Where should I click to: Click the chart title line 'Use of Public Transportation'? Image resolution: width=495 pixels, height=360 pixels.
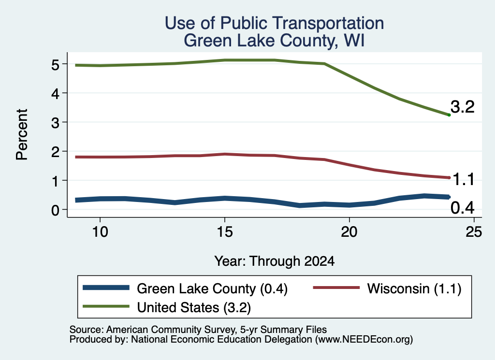coord(275,23)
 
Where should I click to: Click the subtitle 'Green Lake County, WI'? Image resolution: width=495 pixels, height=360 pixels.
coord(275,41)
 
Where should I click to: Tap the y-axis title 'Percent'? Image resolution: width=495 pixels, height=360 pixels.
coord(22,134)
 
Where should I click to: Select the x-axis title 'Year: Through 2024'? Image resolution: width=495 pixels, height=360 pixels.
coord(275,261)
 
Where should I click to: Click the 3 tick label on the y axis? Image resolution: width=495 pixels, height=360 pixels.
coord(55,123)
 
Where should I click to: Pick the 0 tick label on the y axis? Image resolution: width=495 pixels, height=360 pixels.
coord(55,210)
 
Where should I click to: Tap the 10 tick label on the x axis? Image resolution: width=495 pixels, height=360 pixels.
coord(100,232)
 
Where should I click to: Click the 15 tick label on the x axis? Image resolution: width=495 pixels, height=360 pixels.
coord(225,232)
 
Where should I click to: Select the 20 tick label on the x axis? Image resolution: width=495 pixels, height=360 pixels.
coord(349,232)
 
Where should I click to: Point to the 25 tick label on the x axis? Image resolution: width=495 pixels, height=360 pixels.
coord(474,232)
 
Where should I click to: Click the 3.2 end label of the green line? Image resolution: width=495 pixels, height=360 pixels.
coord(463,107)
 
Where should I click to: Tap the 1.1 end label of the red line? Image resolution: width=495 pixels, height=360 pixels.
coord(464,180)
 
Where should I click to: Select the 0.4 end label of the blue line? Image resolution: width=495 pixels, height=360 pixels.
coord(463,208)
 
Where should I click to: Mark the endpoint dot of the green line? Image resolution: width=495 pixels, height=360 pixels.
coord(449,115)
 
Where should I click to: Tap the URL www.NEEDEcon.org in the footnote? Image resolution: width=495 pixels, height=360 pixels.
coord(364,340)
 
